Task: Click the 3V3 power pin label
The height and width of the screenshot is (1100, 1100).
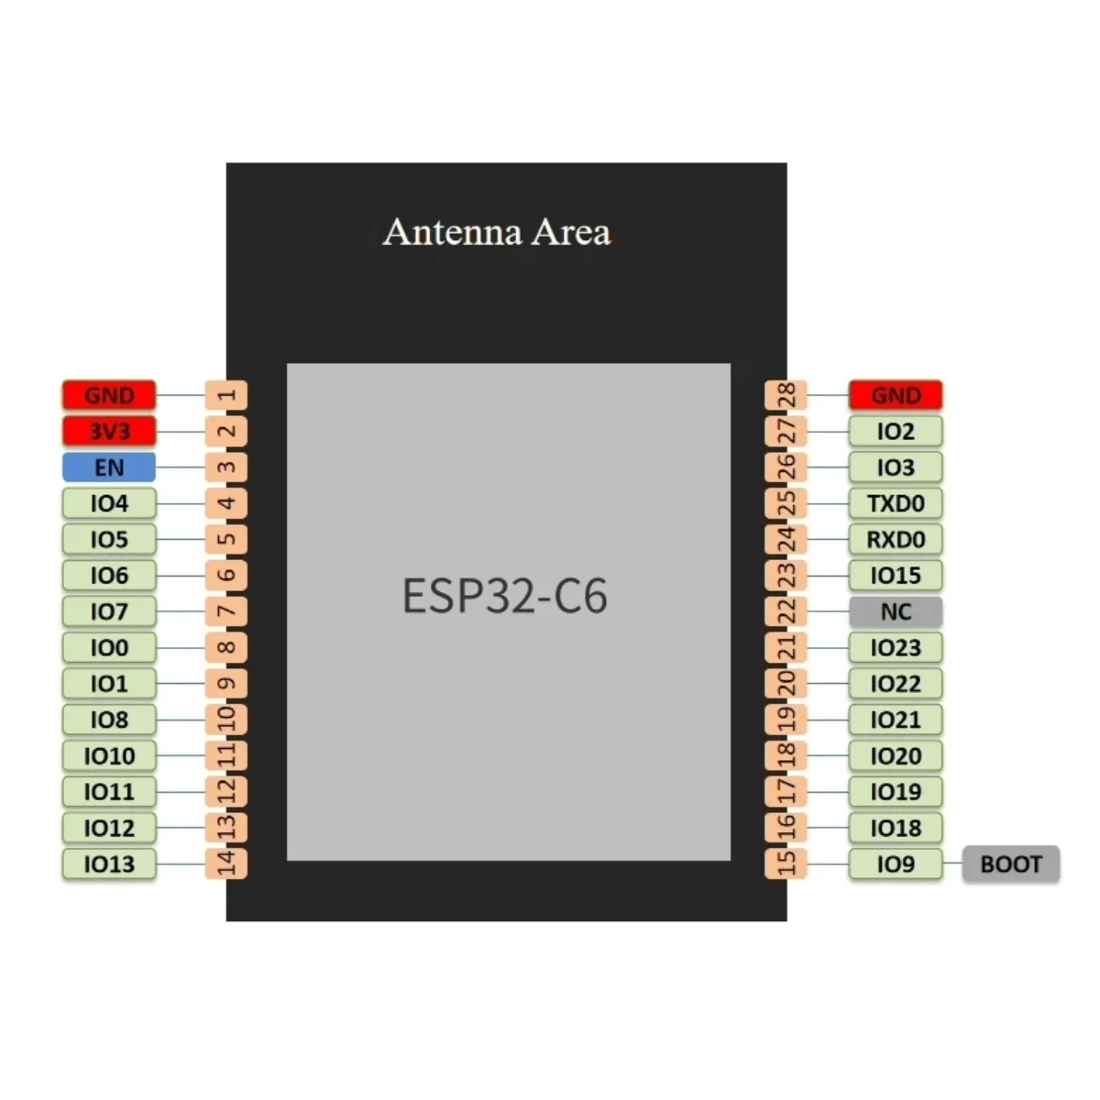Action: tap(109, 431)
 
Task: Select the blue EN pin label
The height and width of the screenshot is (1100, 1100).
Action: tap(109, 467)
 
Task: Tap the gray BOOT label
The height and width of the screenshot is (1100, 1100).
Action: tap(1010, 864)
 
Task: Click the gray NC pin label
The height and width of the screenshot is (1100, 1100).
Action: tap(896, 611)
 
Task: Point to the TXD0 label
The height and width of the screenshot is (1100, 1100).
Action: tap(896, 503)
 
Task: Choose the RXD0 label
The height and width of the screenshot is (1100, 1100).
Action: tap(896, 539)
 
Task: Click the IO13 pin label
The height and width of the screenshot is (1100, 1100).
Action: tap(109, 863)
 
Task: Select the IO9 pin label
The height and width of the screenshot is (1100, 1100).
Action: tap(896, 863)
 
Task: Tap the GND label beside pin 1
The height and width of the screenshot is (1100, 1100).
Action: tap(109, 395)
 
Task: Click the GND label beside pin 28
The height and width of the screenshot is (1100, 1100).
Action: tap(896, 395)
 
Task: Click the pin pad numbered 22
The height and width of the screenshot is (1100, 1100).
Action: tap(786, 611)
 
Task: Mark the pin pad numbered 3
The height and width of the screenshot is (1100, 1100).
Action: tap(226, 467)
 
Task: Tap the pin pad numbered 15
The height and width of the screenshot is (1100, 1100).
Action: tap(786, 863)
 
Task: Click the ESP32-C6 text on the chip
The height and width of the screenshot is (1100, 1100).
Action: tap(505, 596)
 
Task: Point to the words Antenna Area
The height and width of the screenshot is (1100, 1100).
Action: tap(497, 232)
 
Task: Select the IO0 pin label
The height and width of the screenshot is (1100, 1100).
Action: tap(109, 647)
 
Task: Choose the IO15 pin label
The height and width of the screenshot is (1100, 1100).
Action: tap(896, 576)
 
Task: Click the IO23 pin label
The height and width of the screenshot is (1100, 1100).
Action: tap(896, 647)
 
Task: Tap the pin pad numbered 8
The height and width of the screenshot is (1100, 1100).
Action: tap(226, 647)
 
